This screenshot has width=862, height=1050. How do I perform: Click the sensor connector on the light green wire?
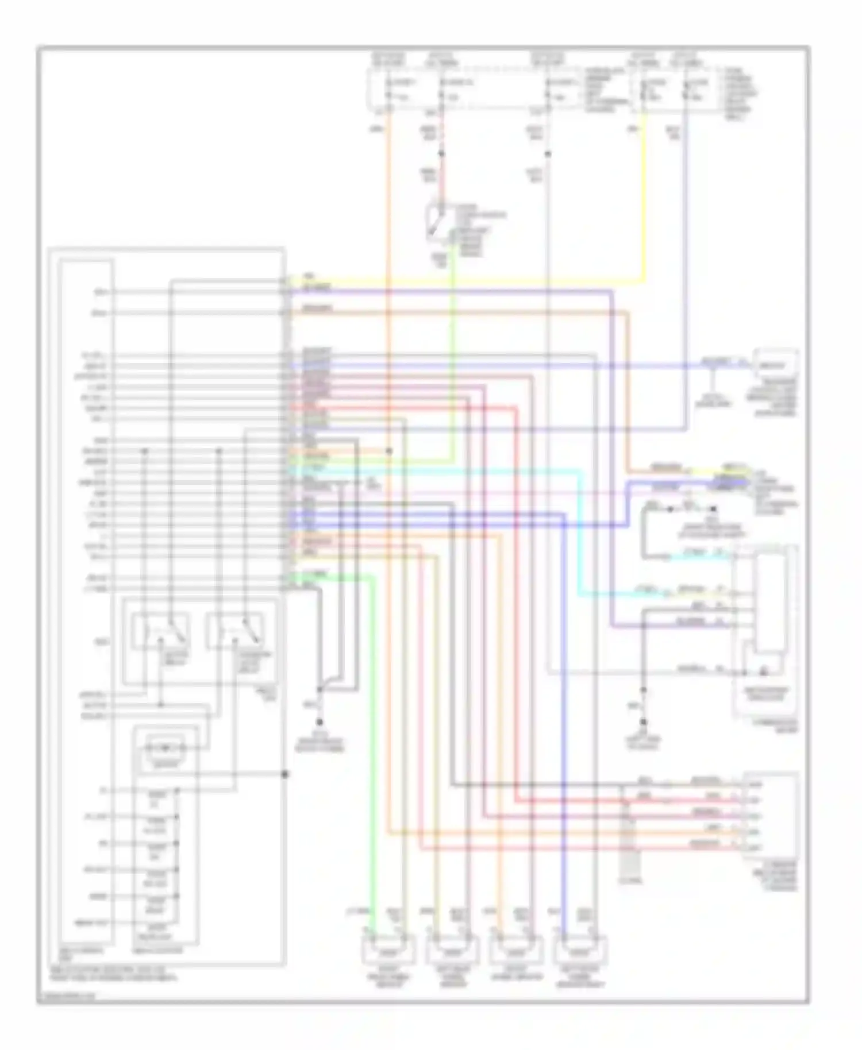point(388,950)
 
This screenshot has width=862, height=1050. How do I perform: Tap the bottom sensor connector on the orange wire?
point(515,950)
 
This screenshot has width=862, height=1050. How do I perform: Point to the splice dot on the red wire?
point(441,154)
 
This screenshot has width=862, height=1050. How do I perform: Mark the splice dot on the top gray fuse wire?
point(548,154)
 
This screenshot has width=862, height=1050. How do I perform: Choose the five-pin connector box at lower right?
point(769,816)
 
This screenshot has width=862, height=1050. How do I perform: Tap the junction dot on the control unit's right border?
point(284,774)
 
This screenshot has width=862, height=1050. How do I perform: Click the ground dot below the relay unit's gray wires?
point(320,721)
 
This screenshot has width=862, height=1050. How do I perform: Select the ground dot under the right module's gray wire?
point(644,721)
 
